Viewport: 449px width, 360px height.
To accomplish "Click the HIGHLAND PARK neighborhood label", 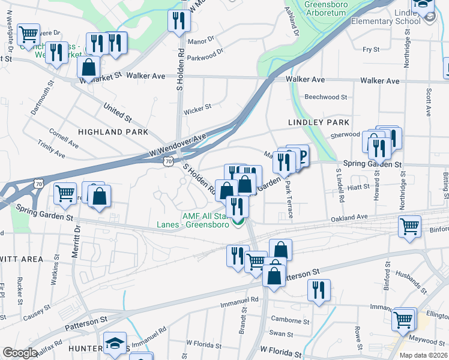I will click(x=112, y=131).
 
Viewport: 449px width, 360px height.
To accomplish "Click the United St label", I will click(x=117, y=111).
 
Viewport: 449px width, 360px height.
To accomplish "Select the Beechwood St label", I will click(x=326, y=97).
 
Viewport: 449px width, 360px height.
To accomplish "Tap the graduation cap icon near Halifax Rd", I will click(x=115, y=343).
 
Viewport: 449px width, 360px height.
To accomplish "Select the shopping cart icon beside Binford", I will click(x=409, y=227).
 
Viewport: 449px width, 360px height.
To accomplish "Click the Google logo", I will click(x=20, y=353).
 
